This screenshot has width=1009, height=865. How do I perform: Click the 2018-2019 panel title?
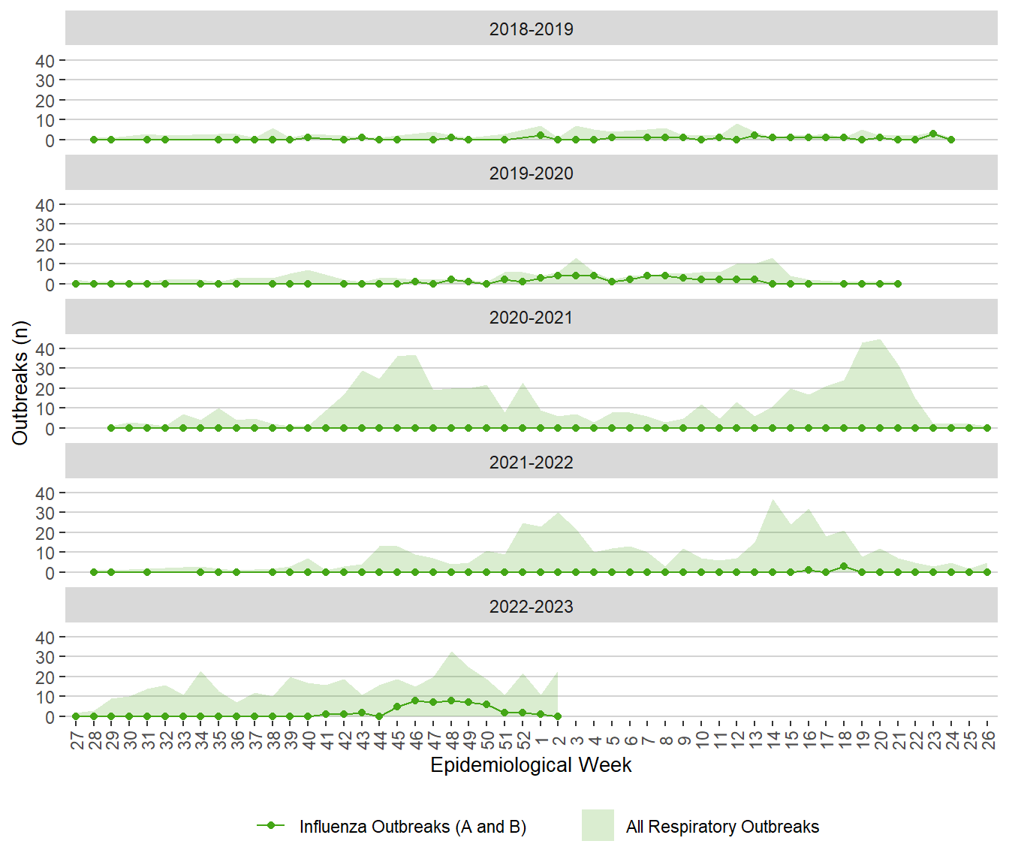(x=531, y=29)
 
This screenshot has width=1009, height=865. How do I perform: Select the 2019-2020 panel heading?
(x=531, y=173)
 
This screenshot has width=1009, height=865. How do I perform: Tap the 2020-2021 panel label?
(x=531, y=318)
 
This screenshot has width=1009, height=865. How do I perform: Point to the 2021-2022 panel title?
(x=531, y=463)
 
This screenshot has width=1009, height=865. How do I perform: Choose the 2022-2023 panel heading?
(x=531, y=607)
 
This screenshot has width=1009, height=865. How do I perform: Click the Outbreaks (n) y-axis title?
(x=20, y=383)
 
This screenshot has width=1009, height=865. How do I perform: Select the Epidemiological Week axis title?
(x=531, y=765)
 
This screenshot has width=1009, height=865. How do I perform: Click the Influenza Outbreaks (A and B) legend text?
(x=412, y=827)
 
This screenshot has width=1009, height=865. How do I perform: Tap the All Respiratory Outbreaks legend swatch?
(x=598, y=825)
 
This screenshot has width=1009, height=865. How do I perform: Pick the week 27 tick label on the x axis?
(x=77, y=740)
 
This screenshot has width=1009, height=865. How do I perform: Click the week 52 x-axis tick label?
(x=523, y=740)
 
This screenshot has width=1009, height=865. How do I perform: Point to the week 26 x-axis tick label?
(x=988, y=740)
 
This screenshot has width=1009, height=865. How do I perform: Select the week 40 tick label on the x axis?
(x=309, y=740)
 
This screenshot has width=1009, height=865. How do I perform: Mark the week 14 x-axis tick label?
(x=773, y=740)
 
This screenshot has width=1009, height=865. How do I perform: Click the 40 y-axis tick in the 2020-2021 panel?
(x=45, y=349)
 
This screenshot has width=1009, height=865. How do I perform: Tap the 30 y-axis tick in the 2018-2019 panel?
(x=45, y=80)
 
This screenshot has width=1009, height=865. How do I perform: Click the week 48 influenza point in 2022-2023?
(x=451, y=701)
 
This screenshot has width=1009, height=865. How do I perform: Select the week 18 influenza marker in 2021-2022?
(x=844, y=566)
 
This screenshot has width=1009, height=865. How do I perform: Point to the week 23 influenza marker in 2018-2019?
(x=933, y=134)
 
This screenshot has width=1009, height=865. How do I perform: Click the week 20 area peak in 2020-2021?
(x=880, y=339)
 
